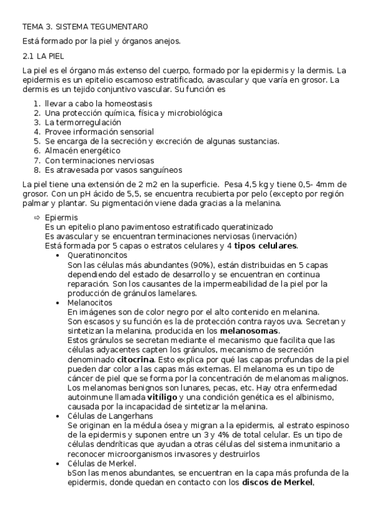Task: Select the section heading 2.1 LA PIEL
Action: (x=42, y=56)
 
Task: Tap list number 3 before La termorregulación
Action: (x=37, y=122)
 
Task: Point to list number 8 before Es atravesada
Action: (x=37, y=169)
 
